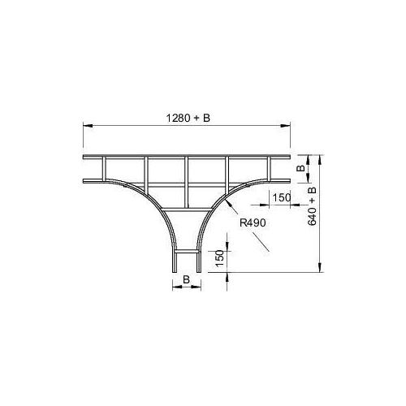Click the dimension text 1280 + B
click(x=188, y=118)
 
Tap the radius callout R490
click(x=253, y=222)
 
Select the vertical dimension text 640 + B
click(x=312, y=205)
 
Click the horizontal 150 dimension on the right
click(x=282, y=197)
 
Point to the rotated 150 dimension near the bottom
click(x=220, y=258)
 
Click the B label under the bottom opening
click(x=186, y=279)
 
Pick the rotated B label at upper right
click(x=300, y=168)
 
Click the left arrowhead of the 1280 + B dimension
click(x=88, y=126)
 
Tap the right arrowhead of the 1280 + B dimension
click(x=285, y=126)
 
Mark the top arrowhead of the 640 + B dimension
click(x=320, y=160)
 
